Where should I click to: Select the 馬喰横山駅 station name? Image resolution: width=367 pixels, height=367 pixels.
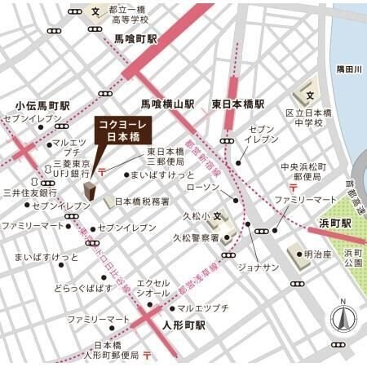tap(167, 104)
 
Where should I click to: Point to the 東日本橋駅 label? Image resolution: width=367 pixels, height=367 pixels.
tap(238, 104)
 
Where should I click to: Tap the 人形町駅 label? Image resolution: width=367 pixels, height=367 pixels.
tap(178, 324)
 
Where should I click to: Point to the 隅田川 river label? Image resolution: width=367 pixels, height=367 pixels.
tap(347, 71)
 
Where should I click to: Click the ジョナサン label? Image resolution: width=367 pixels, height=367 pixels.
tap(259, 268)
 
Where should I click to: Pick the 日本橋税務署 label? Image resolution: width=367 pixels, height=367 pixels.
tap(142, 201)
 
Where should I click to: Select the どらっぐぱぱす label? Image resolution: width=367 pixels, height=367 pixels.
tap(82, 289)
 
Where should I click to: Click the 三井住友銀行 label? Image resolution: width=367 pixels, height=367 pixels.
tap(30, 193)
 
